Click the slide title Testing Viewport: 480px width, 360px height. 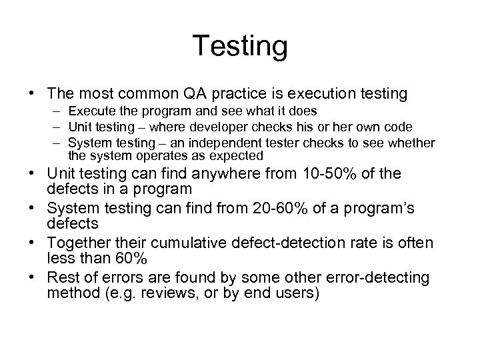click(240, 47)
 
